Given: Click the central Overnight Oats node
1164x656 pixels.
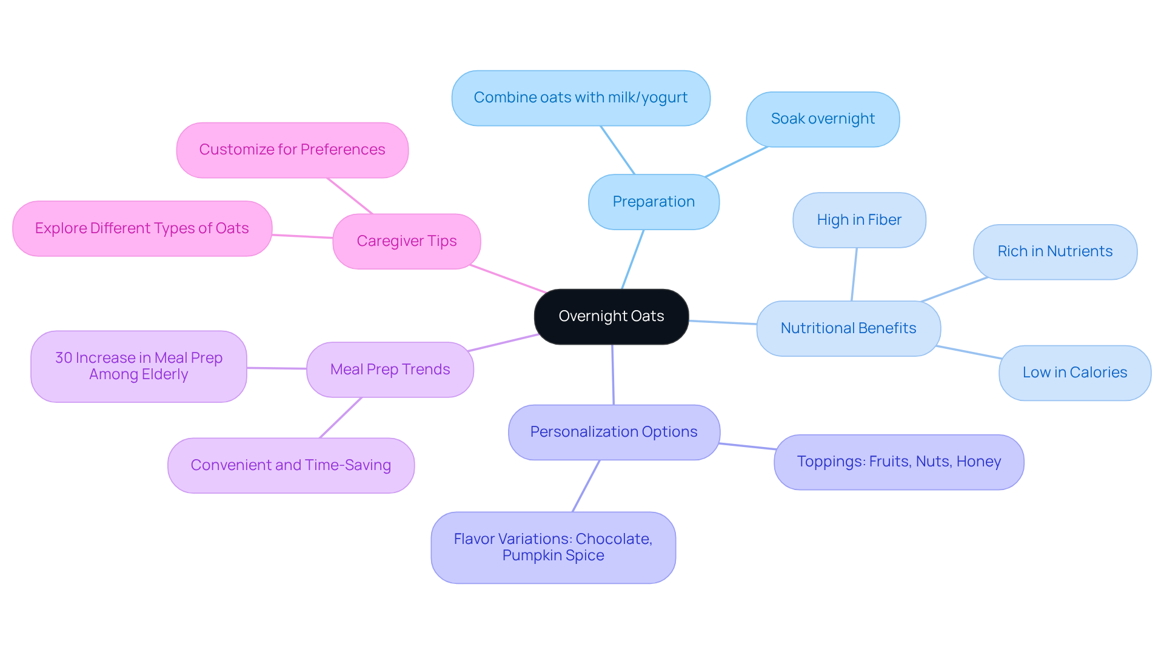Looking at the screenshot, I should click(611, 316).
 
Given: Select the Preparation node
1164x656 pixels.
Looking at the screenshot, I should click(654, 202).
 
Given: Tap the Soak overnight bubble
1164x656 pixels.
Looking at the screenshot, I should click(823, 119).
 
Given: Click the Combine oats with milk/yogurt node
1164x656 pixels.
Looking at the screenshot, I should click(580, 98).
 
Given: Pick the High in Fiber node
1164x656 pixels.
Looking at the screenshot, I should click(859, 220).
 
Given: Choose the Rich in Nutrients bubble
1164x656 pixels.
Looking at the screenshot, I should click(1055, 251).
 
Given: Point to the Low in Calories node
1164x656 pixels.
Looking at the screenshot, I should click(1074, 373).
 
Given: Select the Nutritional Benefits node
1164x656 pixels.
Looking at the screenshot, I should click(848, 328).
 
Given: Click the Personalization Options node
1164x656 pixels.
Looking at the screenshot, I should click(614, 432).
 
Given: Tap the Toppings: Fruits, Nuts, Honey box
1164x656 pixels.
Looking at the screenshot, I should click(898, 462).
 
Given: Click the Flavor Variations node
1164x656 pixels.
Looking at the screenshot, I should click(553, 547).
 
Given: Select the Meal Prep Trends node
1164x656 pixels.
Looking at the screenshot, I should click(390, 369).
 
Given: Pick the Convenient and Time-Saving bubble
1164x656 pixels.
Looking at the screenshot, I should click(291, 465).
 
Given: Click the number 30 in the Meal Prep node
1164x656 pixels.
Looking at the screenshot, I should click(64, 358).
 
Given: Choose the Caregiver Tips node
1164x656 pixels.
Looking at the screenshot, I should click(406, 241).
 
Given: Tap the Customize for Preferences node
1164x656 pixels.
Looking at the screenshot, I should click(292, 150).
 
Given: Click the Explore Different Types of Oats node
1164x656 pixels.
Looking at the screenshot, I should click(142, 228).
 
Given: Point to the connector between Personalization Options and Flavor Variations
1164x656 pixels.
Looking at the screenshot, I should click(586, 486).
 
